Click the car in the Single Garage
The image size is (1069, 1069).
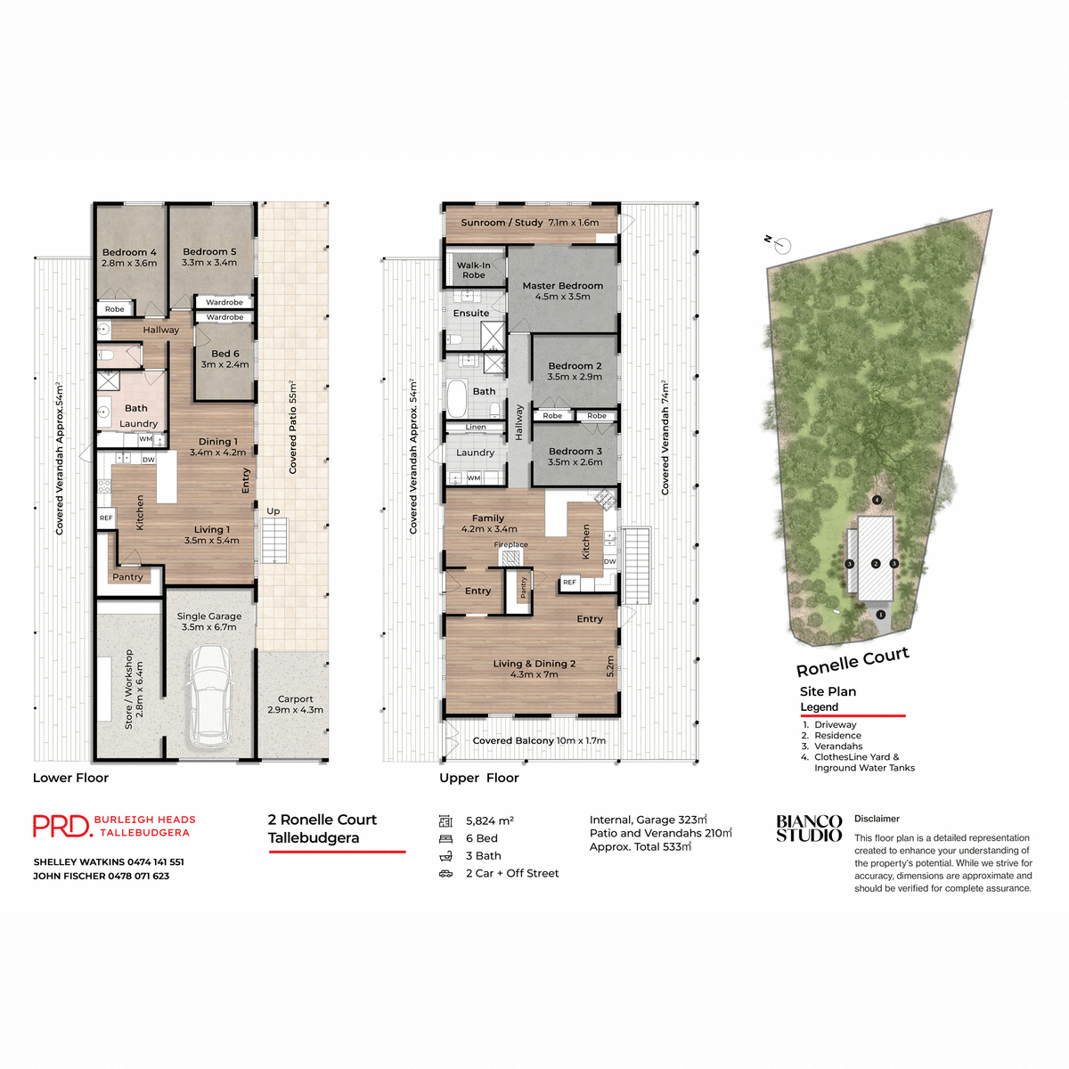tap(211, 697)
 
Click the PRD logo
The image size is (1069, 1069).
tap(61, 827)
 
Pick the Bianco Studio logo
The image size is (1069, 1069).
tap(809, 828)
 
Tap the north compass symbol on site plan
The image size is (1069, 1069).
tap(782, 245)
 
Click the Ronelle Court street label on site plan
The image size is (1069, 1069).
tap(853, 662)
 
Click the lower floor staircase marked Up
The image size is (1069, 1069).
tap(274, 540)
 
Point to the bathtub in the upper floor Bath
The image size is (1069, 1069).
tap(457, 399)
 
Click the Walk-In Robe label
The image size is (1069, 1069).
tap(474, 270)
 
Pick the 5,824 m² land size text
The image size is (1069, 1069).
tap(489, 821)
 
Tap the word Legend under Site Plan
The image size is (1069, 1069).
tap(819, 707)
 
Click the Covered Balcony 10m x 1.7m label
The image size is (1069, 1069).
tap(539, 740)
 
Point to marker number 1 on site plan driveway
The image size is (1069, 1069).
tap(881, 615)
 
